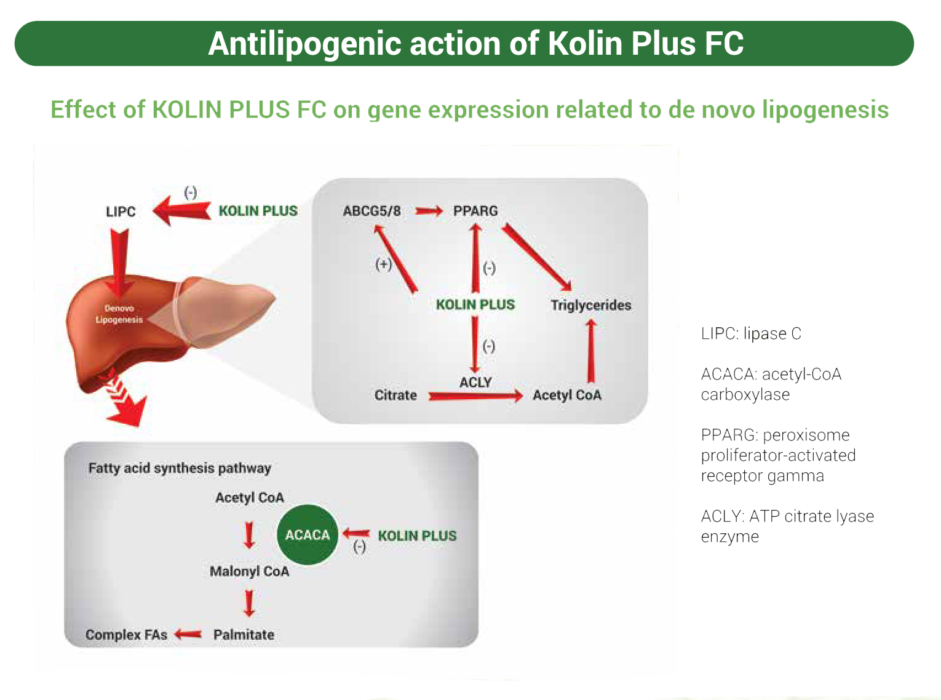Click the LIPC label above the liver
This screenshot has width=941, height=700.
121,212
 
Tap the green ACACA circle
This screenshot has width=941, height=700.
308,535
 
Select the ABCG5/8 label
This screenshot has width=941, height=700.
371,211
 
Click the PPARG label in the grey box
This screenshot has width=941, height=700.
475,211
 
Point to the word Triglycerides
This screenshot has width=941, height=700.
590,305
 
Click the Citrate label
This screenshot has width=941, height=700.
395,395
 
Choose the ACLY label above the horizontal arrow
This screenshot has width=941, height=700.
475,382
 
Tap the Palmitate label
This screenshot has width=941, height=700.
244,634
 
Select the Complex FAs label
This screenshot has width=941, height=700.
126,634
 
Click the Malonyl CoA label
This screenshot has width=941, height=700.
249,571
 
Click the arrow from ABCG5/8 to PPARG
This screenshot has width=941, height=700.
428,212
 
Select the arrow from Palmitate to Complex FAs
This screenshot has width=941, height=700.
188,634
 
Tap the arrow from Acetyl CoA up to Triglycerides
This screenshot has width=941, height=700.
591,351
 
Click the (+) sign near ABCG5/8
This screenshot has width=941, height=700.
383,264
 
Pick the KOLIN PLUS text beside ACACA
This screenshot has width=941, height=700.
417,536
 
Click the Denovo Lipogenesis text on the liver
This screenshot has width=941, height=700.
119,314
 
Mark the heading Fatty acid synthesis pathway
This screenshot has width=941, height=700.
180,468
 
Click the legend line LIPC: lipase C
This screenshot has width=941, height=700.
751,333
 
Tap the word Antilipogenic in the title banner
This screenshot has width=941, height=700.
304,44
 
